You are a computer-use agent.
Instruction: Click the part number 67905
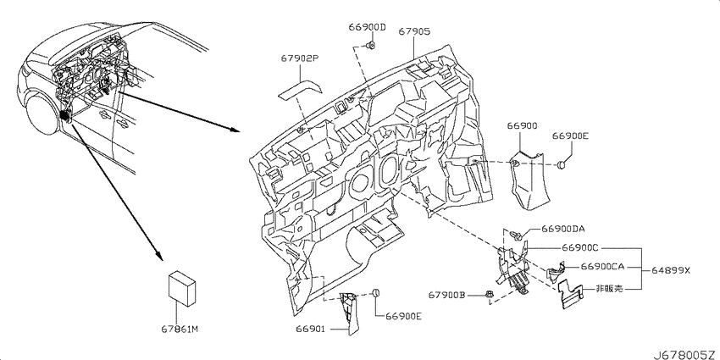coord(413,31)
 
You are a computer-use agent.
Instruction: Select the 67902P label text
coord(300,58)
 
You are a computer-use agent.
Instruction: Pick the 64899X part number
coord(670,271)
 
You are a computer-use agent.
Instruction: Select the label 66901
coord(310,329)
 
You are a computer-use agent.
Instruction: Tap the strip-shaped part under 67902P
coord(299,91)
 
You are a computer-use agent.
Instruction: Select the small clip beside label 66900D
coord(370,45)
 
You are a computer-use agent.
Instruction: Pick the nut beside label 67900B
coord(490,296)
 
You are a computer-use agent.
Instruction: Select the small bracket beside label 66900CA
coord(556,271)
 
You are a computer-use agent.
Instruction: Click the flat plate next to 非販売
coord(570,294)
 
